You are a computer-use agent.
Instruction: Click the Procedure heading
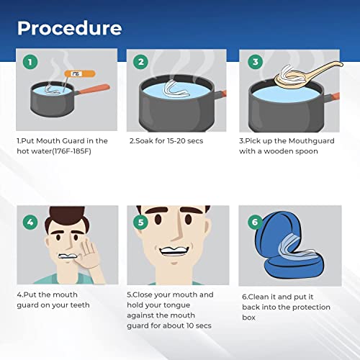point(69,28)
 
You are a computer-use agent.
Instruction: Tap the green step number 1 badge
point(29,61)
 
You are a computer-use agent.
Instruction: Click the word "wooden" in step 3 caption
point(283,153)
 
